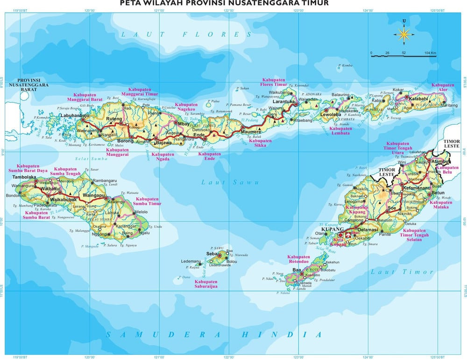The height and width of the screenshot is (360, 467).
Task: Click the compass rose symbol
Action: (404, 33)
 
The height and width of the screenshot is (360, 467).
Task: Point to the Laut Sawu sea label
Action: (230, 182)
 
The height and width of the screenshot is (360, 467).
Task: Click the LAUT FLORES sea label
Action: (186, 34)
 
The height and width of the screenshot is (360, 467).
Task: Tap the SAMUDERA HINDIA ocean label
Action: (213, 334)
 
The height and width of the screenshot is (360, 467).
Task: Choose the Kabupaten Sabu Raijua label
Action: (206, 284)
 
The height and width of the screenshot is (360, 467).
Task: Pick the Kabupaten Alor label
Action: (443, 88)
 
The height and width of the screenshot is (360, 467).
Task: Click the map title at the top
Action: (224, 4)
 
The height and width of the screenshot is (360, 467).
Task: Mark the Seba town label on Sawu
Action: (212, 254)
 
